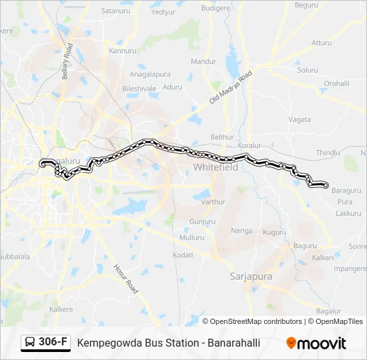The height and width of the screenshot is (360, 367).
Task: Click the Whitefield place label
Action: pyautogui.click(x=215, y=167)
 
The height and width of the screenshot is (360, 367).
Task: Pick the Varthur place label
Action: pyautogui.click(x=213, y=201)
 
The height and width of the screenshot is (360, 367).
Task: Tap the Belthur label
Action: pyautogui.click(x=222, y=137)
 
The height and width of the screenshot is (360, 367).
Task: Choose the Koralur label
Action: pyautogui.click(x=251, y=144)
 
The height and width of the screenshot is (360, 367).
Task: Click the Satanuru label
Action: pyautogui.click(x=114, y=11)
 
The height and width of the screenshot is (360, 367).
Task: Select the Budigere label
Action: pyautogui.click(x=215, y=8)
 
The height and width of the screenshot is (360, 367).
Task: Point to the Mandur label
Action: pyautogui.click(x=203, y=61)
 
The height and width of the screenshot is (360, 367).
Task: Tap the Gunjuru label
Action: pyautogui.click(x=202, y=221)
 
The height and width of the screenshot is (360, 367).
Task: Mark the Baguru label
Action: pyautogui.click(x=305, y=245)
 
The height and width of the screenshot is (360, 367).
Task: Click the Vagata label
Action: pyautogui.click(x=300, y=119)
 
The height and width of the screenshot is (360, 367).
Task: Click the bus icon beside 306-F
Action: pyautogui.click(x=31, y=343)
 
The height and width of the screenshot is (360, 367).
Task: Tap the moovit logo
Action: pyautogui.click(x=316, y=343)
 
